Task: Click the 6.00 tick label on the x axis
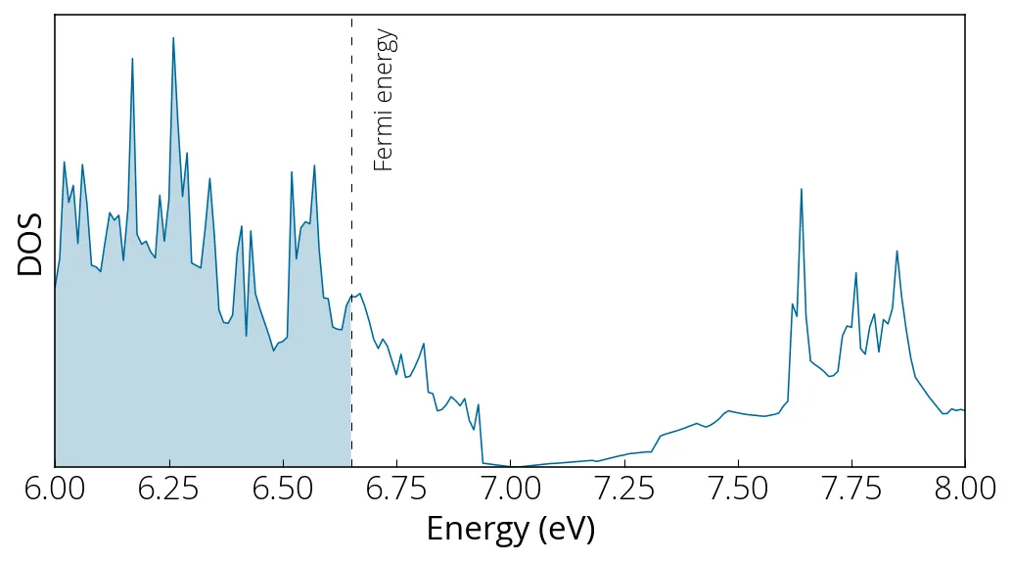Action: (55, 488)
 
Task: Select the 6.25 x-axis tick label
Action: (169, 488)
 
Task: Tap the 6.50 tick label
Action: (283, 488)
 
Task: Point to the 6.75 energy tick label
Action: (396, 488)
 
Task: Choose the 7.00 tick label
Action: (510, 488)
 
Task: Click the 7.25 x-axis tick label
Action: (623, 488)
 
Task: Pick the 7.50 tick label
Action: (737, 488)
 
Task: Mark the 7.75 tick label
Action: (850, 488)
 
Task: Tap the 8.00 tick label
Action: (964, 488)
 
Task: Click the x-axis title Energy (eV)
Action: (510, 530)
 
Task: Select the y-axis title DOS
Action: (30, 244)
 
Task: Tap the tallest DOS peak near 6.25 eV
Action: (173, 38)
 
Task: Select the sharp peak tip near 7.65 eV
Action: (802, 189)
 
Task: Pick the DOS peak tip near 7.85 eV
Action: (896, 252)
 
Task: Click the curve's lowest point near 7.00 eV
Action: (519, 466)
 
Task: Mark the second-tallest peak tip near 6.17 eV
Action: (132, 60)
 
